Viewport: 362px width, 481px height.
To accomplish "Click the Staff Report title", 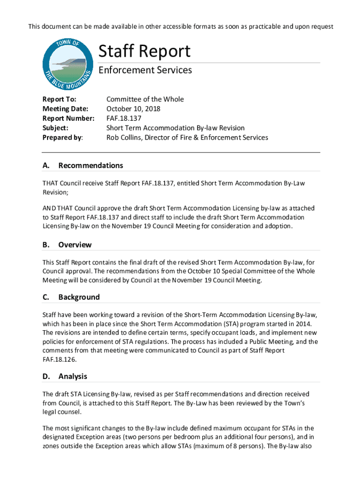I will coord(144,51).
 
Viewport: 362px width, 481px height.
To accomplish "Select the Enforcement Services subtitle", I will coord(145,70).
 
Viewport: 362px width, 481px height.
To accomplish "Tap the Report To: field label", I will coord(59,99).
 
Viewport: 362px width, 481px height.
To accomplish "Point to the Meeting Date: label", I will coord(65,109).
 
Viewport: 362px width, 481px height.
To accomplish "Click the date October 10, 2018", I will coord(133,109).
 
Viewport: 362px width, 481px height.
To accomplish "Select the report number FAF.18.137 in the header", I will coord(123,118).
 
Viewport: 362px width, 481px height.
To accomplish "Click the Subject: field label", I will coord(55,128).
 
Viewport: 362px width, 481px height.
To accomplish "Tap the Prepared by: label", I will coord(63,138).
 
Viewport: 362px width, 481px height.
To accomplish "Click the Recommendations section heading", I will coord(90,165).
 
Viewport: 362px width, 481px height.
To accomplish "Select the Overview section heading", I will coord(75,245).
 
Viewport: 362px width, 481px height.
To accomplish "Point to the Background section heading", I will coord(79,297).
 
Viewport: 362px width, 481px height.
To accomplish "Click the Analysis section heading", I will coord(72,376).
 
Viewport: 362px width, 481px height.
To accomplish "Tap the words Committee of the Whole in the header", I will coord(145,99).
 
